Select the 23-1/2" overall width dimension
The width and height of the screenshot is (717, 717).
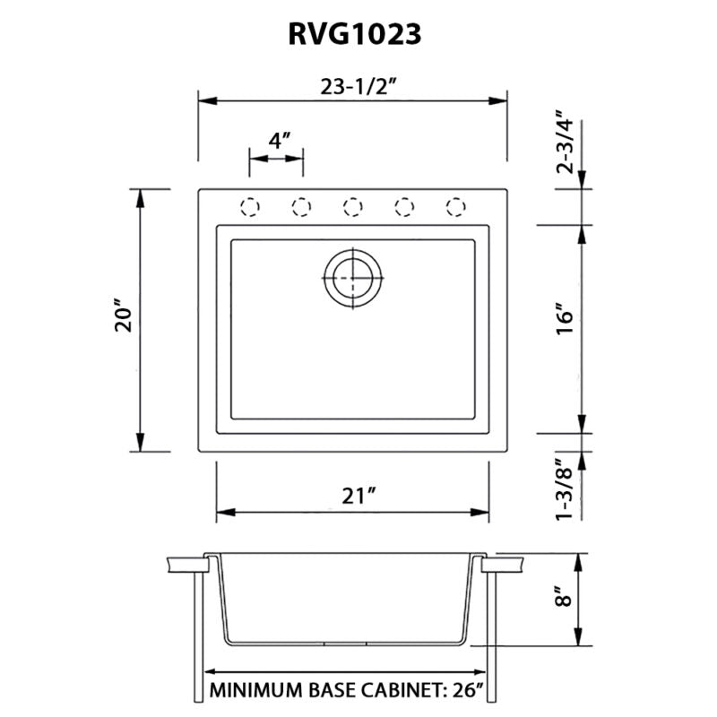click(352, 87)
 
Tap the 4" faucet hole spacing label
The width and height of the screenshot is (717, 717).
click(279, 140)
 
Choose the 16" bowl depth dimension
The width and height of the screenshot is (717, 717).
click(564, 319)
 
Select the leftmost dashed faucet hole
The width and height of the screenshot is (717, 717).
click(250, 208)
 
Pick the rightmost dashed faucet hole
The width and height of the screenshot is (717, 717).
click(456, 208)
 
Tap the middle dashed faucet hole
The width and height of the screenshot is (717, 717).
click(353, 208)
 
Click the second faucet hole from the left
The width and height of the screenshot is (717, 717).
click(301, 208)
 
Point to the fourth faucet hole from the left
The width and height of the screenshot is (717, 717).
click(405, 208)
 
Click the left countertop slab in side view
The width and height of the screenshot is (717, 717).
click(186, 566)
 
